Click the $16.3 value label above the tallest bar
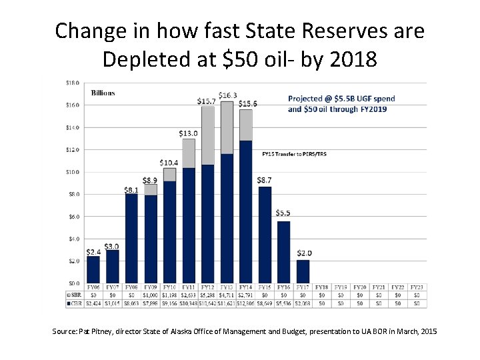point(227,96)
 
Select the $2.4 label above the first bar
point(93,251)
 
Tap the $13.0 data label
point(189,133)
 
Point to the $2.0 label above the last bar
point(303,253)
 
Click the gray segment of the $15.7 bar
point(208,135)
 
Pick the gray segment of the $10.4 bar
point(169,175)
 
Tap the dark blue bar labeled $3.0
point(112,266)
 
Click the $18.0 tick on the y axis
point(73,83)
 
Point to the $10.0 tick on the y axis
point(73,172)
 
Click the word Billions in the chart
point(103,93)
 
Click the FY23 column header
point(418,287)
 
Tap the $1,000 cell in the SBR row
point(151,295)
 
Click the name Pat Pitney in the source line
point(89,331)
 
